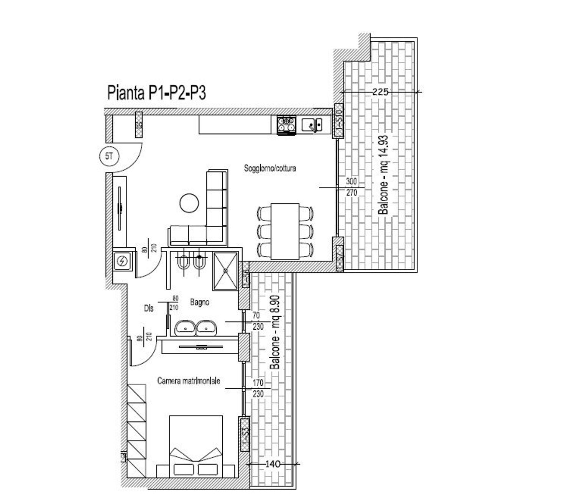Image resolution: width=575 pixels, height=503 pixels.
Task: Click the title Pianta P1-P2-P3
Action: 156,93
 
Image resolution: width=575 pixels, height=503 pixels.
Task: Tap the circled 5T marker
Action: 109,156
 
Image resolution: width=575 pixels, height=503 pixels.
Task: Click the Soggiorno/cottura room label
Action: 270,168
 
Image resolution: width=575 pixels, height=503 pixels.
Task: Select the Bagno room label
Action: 200,302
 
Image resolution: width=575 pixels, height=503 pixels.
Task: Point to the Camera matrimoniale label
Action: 189,381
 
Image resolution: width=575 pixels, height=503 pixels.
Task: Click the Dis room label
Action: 149,308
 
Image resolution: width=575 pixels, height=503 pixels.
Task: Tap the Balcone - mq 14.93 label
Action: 384,174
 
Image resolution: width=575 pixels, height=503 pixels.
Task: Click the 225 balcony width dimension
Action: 380,92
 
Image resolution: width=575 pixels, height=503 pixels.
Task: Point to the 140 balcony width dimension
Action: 273,464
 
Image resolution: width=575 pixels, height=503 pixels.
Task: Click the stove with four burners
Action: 287,125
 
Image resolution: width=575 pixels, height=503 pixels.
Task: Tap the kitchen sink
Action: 312,125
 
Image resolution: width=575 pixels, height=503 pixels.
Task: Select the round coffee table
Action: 189,202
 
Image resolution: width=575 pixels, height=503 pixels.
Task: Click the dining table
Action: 285,231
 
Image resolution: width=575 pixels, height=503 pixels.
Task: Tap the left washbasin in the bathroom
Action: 186,328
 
